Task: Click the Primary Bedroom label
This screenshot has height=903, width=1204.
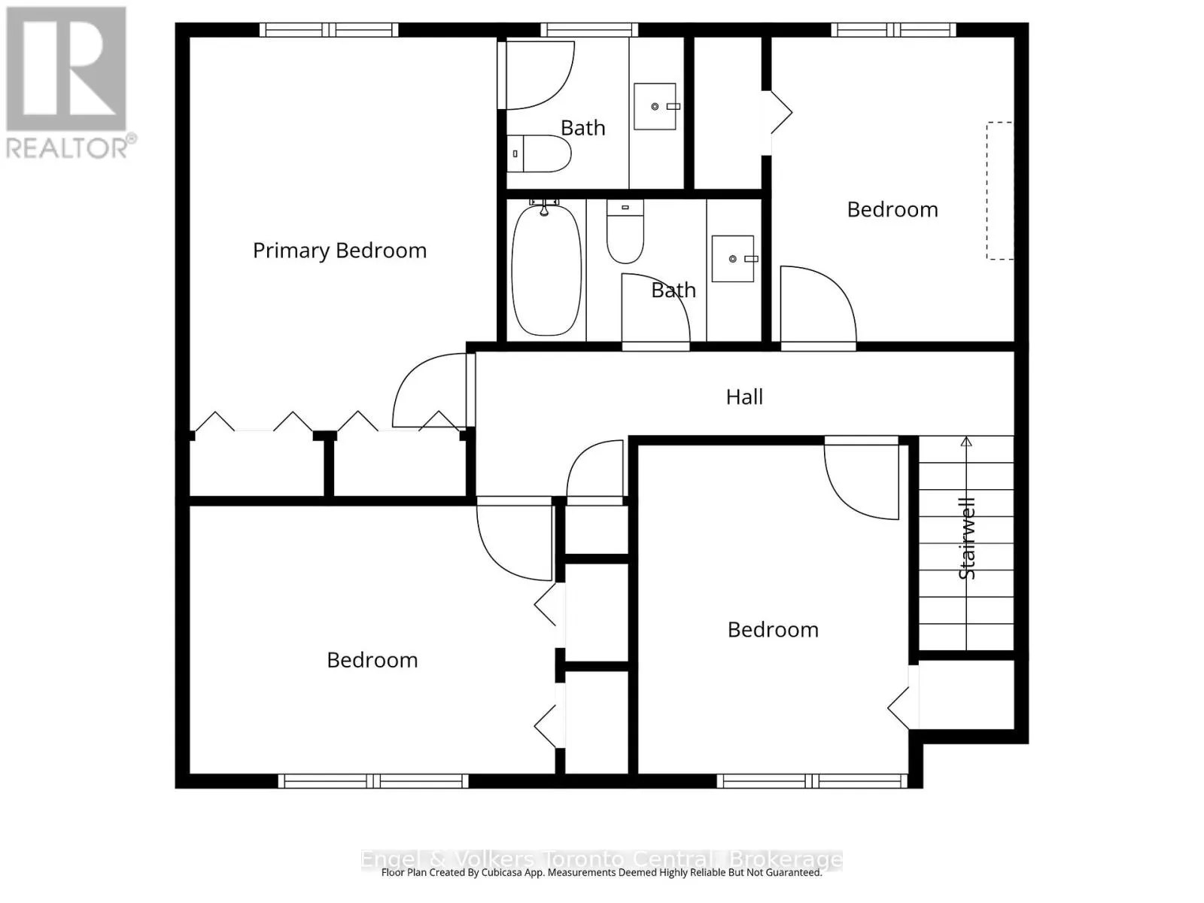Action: [x=339, y=251]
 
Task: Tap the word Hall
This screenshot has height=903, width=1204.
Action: [x=744, y=397]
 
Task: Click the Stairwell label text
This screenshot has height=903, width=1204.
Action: [x=967, y=538]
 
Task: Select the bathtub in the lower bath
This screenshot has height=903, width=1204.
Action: [x=547, y=269]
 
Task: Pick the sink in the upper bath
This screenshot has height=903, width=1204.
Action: [x=655, y=107]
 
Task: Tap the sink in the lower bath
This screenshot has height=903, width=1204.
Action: [x=733, y=259]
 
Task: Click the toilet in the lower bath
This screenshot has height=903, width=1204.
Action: [x=625, y=230]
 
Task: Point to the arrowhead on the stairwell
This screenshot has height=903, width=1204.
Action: [x=966, y=442]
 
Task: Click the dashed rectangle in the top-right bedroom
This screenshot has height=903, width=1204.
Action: [x=999, y=191]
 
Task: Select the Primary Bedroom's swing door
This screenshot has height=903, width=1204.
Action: [x=429, y=391]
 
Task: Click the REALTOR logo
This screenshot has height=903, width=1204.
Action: [x=68, y=83]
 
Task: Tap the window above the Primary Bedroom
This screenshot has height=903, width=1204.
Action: [x=329, y=30]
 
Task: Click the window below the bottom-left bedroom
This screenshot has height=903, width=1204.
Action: [x=373, y=781]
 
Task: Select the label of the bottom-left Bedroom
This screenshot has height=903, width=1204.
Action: [x=372, y=660]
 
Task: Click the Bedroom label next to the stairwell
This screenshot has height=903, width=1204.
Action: [x=773, y=630]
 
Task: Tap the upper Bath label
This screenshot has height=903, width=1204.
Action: [x=582, y=128]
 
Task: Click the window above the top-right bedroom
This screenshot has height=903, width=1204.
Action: [x=893, y=30]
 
